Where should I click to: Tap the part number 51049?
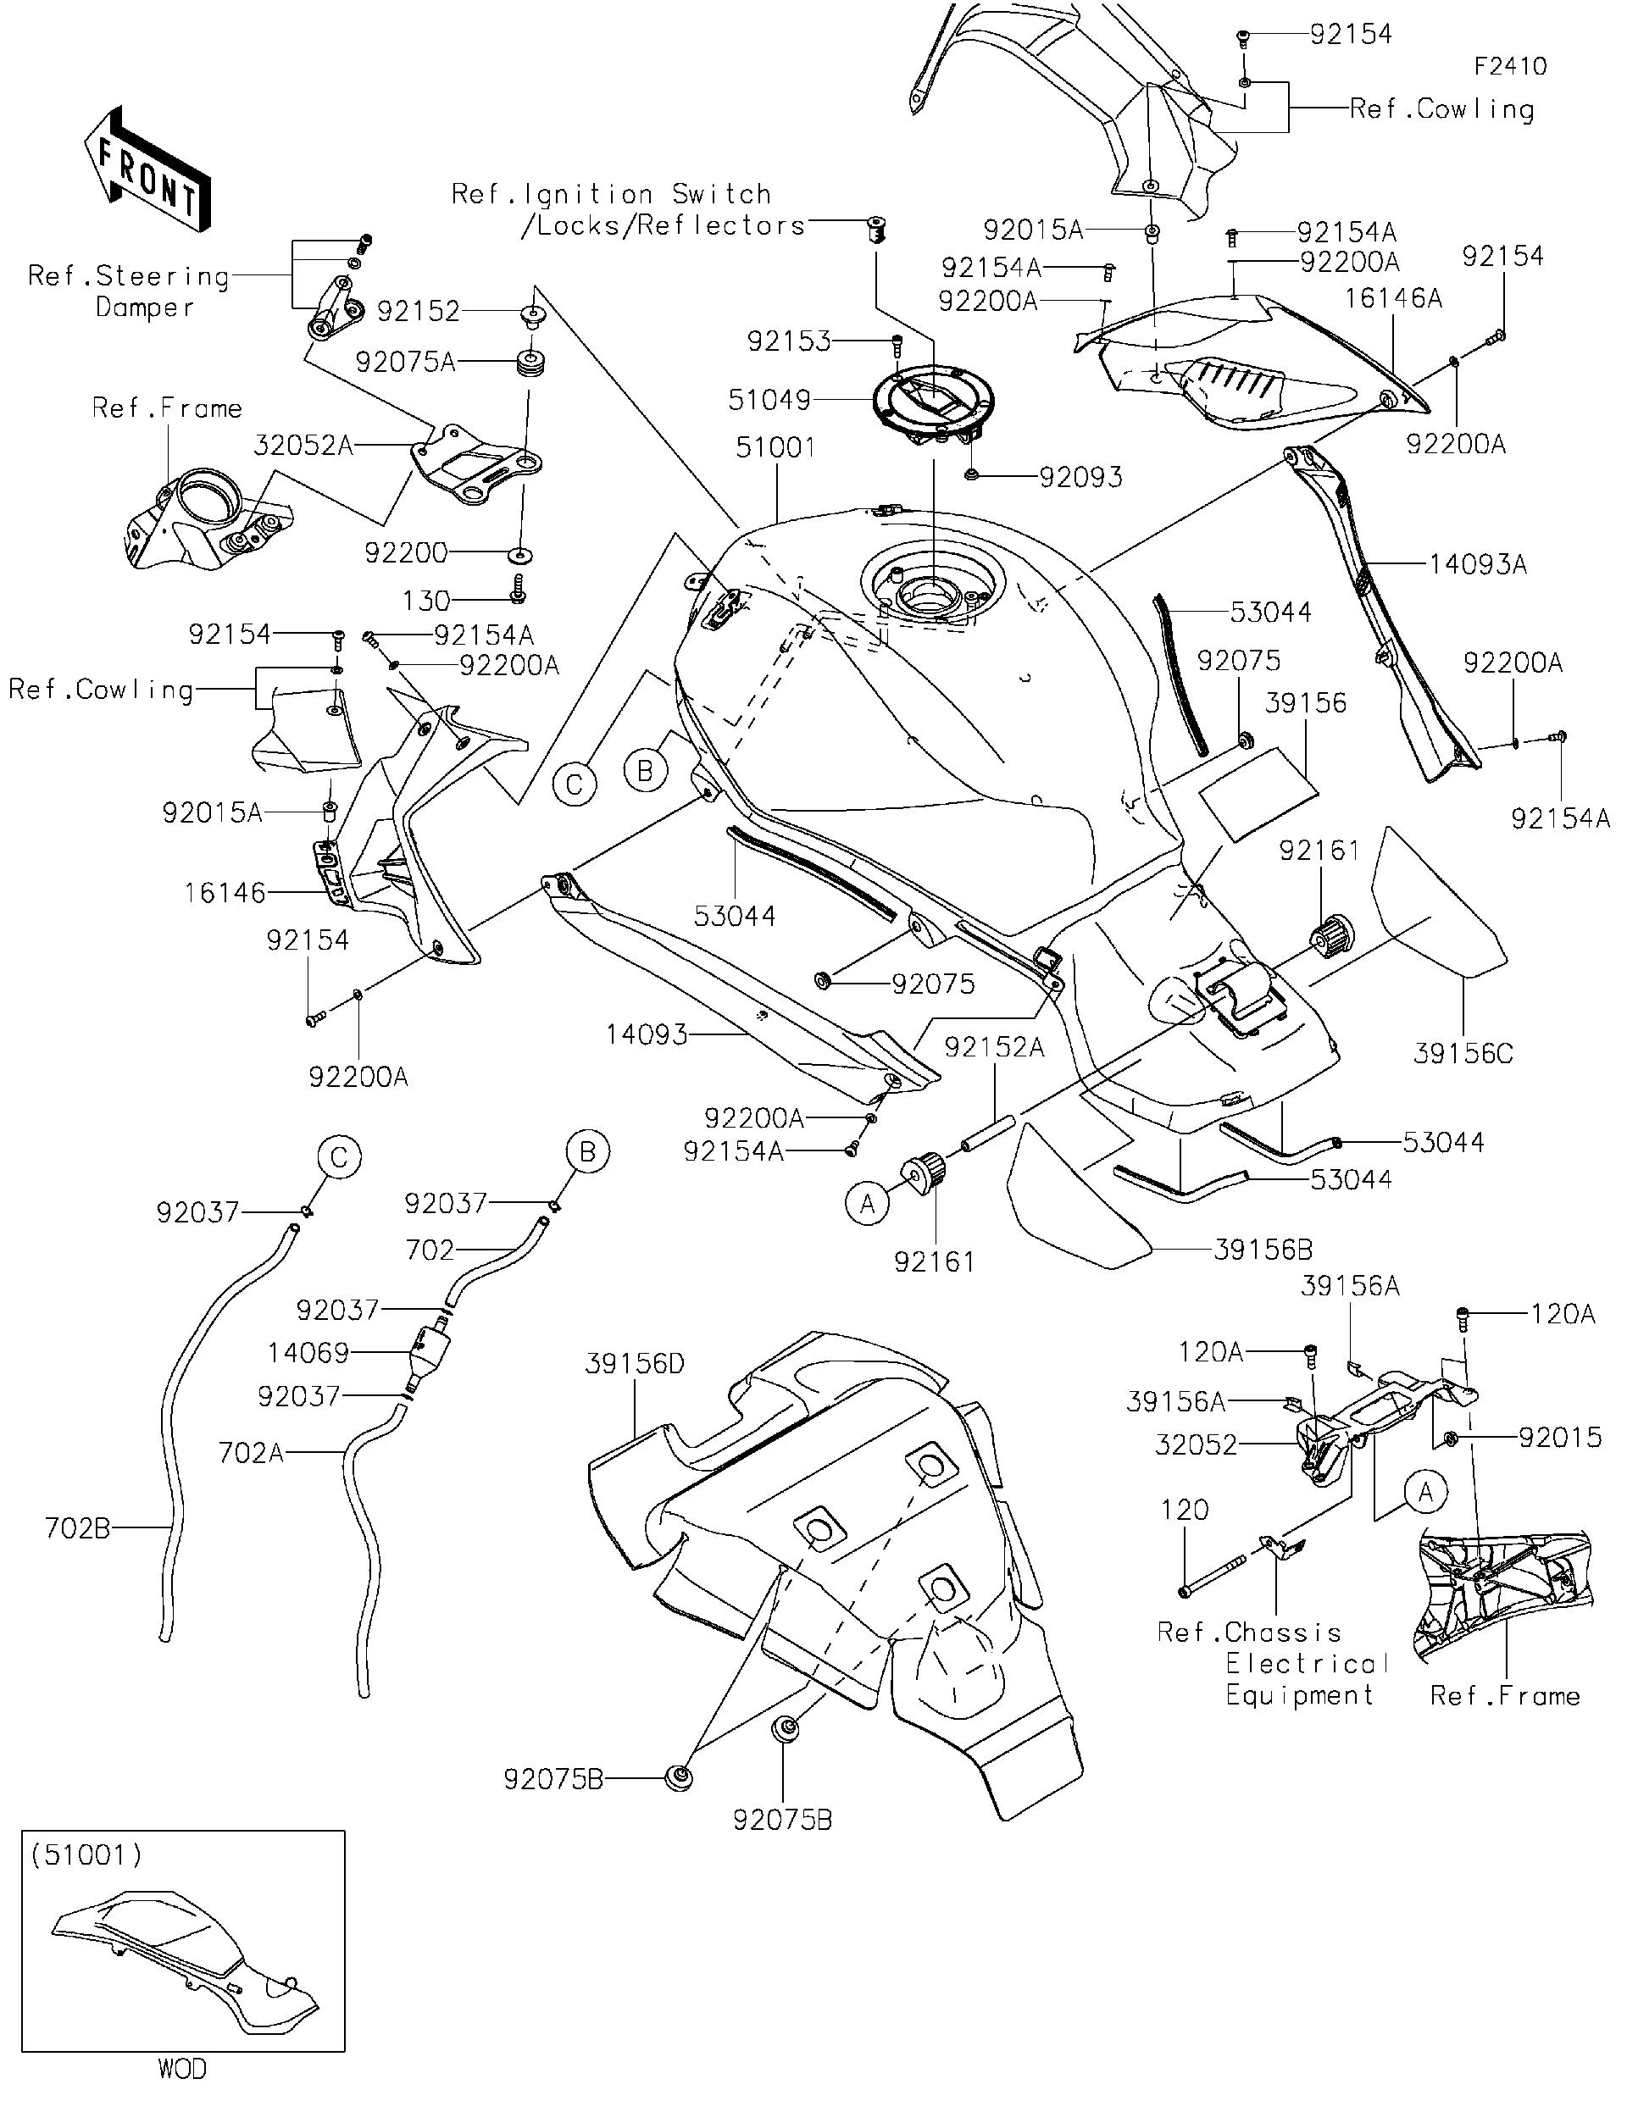[769, 399]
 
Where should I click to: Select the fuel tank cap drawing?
[933, 404]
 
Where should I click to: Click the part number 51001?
[775, 447]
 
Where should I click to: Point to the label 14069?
[308, 1353]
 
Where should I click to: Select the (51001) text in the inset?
[86, 1854]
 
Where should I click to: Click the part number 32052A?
[303, 446]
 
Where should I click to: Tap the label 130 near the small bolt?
[426, 601]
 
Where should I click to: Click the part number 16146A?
[1392, 298]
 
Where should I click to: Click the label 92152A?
[993, 1046]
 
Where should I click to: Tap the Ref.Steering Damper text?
[129, 291]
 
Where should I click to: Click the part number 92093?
[1080, 477]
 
